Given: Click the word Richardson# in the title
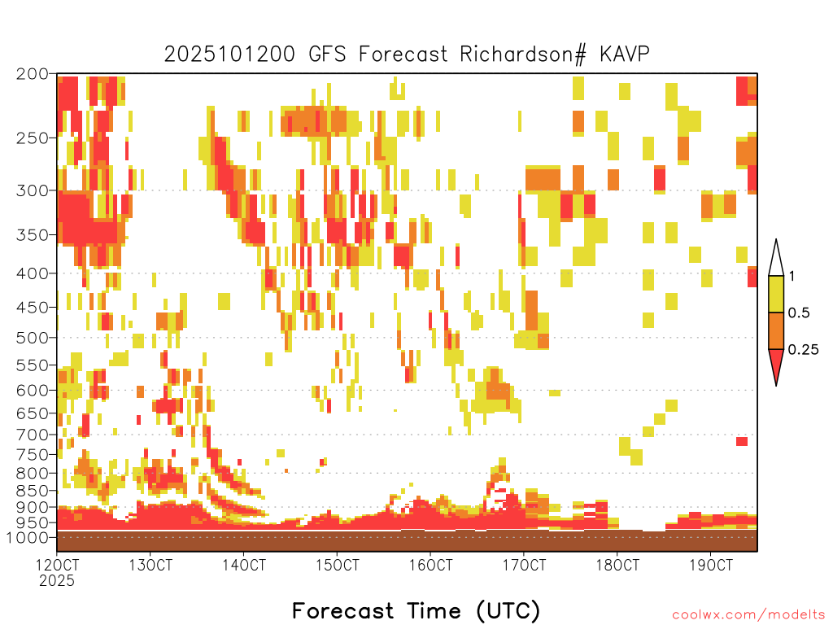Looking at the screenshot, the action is (x=523, y=55).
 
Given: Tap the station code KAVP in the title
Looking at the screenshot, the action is (x=624, y=54).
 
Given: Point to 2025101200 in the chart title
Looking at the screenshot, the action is (x=229, y=55).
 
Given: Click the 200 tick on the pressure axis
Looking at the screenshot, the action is (x=32, y=74).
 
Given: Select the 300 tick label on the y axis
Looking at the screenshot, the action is (x=32, y=190).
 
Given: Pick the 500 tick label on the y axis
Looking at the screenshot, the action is (x=32, y=338).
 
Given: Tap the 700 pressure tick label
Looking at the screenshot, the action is (x=32, y=435).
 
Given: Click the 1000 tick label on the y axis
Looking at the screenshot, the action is (x=28, y=537).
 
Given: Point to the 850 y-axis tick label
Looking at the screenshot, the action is (x=32, y=491).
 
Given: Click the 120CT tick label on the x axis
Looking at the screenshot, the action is (x=57, y=565).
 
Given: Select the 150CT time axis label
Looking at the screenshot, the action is (x=337, y=565).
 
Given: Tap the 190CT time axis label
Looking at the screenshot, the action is (x=711, y=565).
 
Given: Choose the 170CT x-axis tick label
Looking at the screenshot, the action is (x=524, y=565).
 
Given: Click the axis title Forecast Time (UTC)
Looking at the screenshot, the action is (x=416, y=611).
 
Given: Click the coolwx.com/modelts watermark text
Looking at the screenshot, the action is (x=748, y=615).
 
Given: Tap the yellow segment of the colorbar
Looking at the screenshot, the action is (x=776, y=294).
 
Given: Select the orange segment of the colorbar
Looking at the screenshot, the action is (x=776, y=330).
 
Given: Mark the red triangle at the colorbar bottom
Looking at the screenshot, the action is (x=776, y=364).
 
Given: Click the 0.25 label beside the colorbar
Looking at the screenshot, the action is (x=803, y=350).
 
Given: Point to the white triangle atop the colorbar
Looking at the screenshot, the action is (x=776, y=261).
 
